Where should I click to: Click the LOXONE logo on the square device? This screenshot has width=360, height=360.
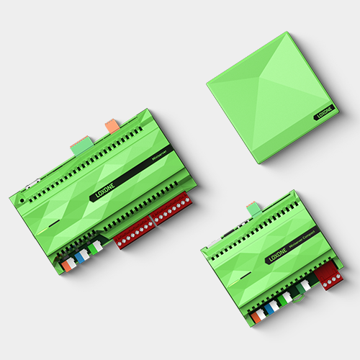tap(325, 114)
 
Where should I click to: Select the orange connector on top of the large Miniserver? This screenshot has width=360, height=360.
tap(112, 126)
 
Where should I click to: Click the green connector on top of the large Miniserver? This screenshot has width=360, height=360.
tap(79, 147)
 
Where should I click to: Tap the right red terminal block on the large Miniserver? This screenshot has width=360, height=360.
tap(171, 210)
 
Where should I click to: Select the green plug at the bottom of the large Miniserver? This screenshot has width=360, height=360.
tap(96, 248)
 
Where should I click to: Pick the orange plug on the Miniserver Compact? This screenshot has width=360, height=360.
tap(256, 315)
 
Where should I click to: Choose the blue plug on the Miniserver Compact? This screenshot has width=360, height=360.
tap(272, 307)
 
